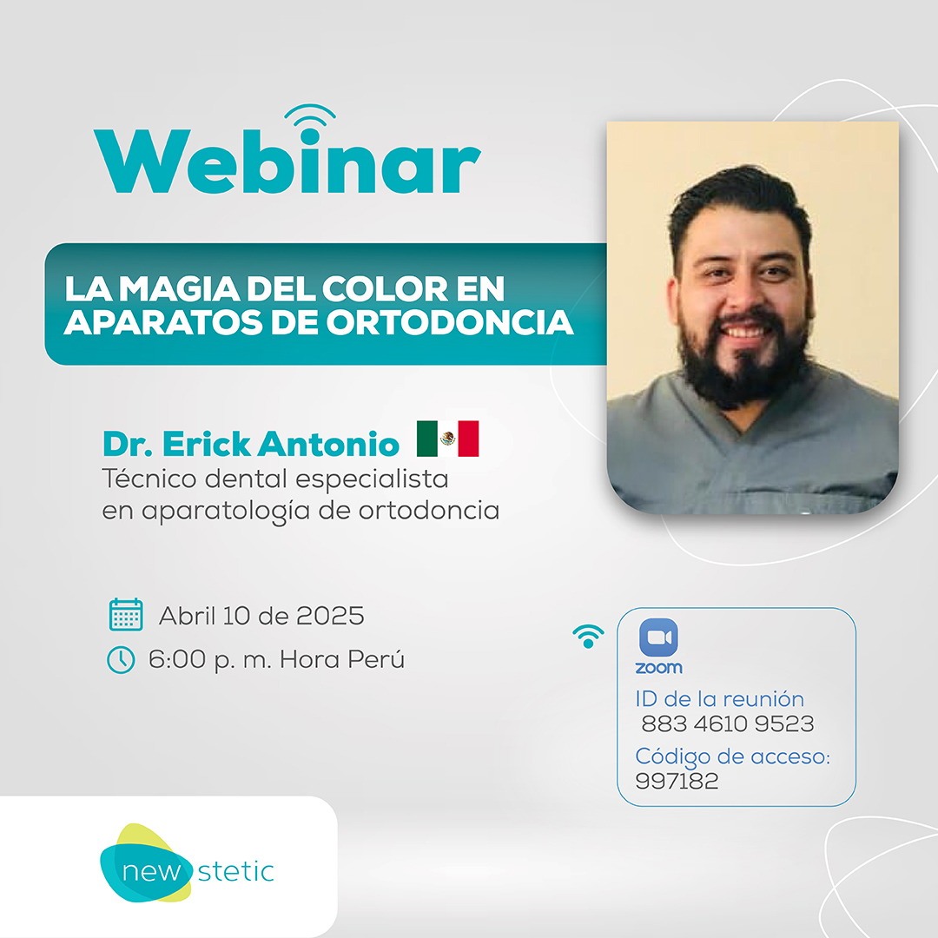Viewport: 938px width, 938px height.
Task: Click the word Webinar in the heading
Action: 287,161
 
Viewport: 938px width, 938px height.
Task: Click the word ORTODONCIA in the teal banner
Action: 450,322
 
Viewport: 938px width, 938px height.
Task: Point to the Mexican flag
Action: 447,439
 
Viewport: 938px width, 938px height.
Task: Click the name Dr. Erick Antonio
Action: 251,444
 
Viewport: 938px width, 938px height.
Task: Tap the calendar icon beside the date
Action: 126,614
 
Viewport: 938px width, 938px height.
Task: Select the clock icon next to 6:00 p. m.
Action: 121,660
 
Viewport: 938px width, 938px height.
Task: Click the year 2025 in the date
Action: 330,616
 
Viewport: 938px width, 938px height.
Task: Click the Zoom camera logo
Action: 658,637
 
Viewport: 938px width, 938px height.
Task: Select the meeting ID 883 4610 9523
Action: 728,723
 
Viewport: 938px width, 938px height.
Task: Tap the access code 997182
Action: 677,781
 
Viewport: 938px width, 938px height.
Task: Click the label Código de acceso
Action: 732,756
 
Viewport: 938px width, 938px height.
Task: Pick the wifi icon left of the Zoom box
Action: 588,636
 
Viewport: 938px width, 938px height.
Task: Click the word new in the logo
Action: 151,872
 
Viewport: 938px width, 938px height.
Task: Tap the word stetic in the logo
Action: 235,872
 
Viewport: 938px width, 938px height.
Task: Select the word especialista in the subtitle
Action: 372,479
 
